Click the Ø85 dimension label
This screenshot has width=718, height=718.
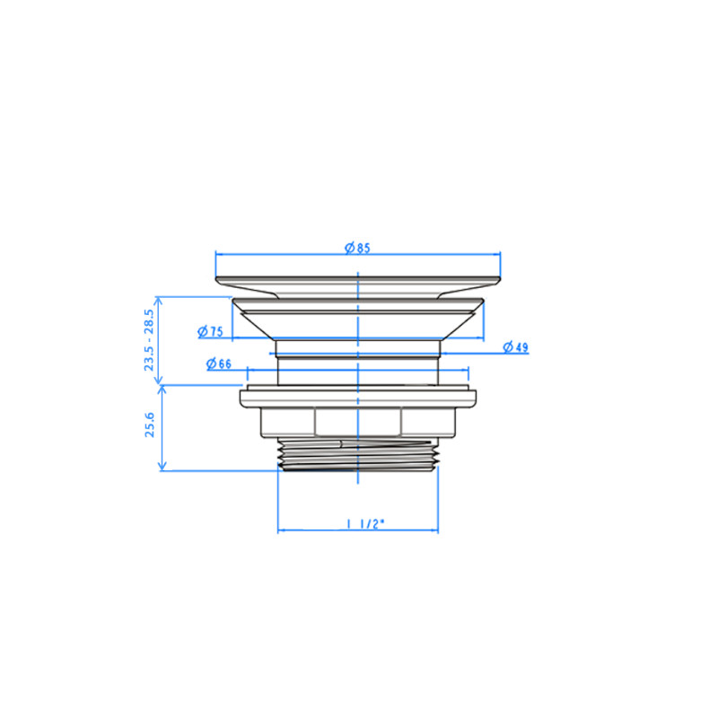click(x=357, y=248)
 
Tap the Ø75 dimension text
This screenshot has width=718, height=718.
click(x=210, y=331)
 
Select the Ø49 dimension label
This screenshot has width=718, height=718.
click(x=515, y=347)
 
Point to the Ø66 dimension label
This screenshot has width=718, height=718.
click(x=219, y=363)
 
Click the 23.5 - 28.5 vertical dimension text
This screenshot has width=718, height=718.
click(x=149, y=340)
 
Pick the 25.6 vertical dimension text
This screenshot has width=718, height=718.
click(x=150, y=425)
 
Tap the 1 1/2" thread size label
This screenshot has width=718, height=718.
click(x=365, y=524)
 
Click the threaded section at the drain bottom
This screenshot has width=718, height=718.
click(x=358, y=454)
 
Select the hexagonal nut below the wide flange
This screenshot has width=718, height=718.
click(x=358, y=422)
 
